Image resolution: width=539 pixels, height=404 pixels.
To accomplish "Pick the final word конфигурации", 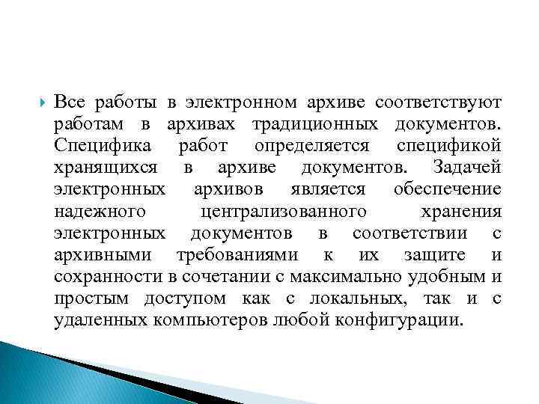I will [397, 320].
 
